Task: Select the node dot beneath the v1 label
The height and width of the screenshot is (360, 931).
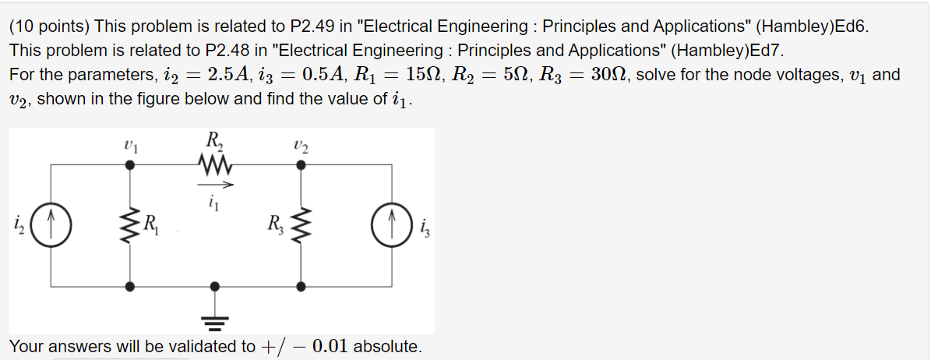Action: coord(130,164)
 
